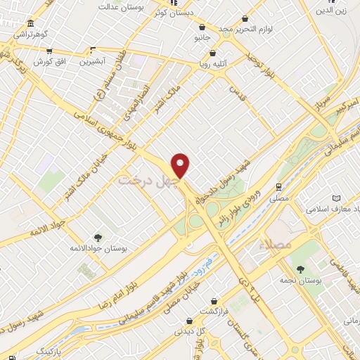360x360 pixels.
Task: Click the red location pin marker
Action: click(181, 165)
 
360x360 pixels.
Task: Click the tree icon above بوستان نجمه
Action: click(301, 269)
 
